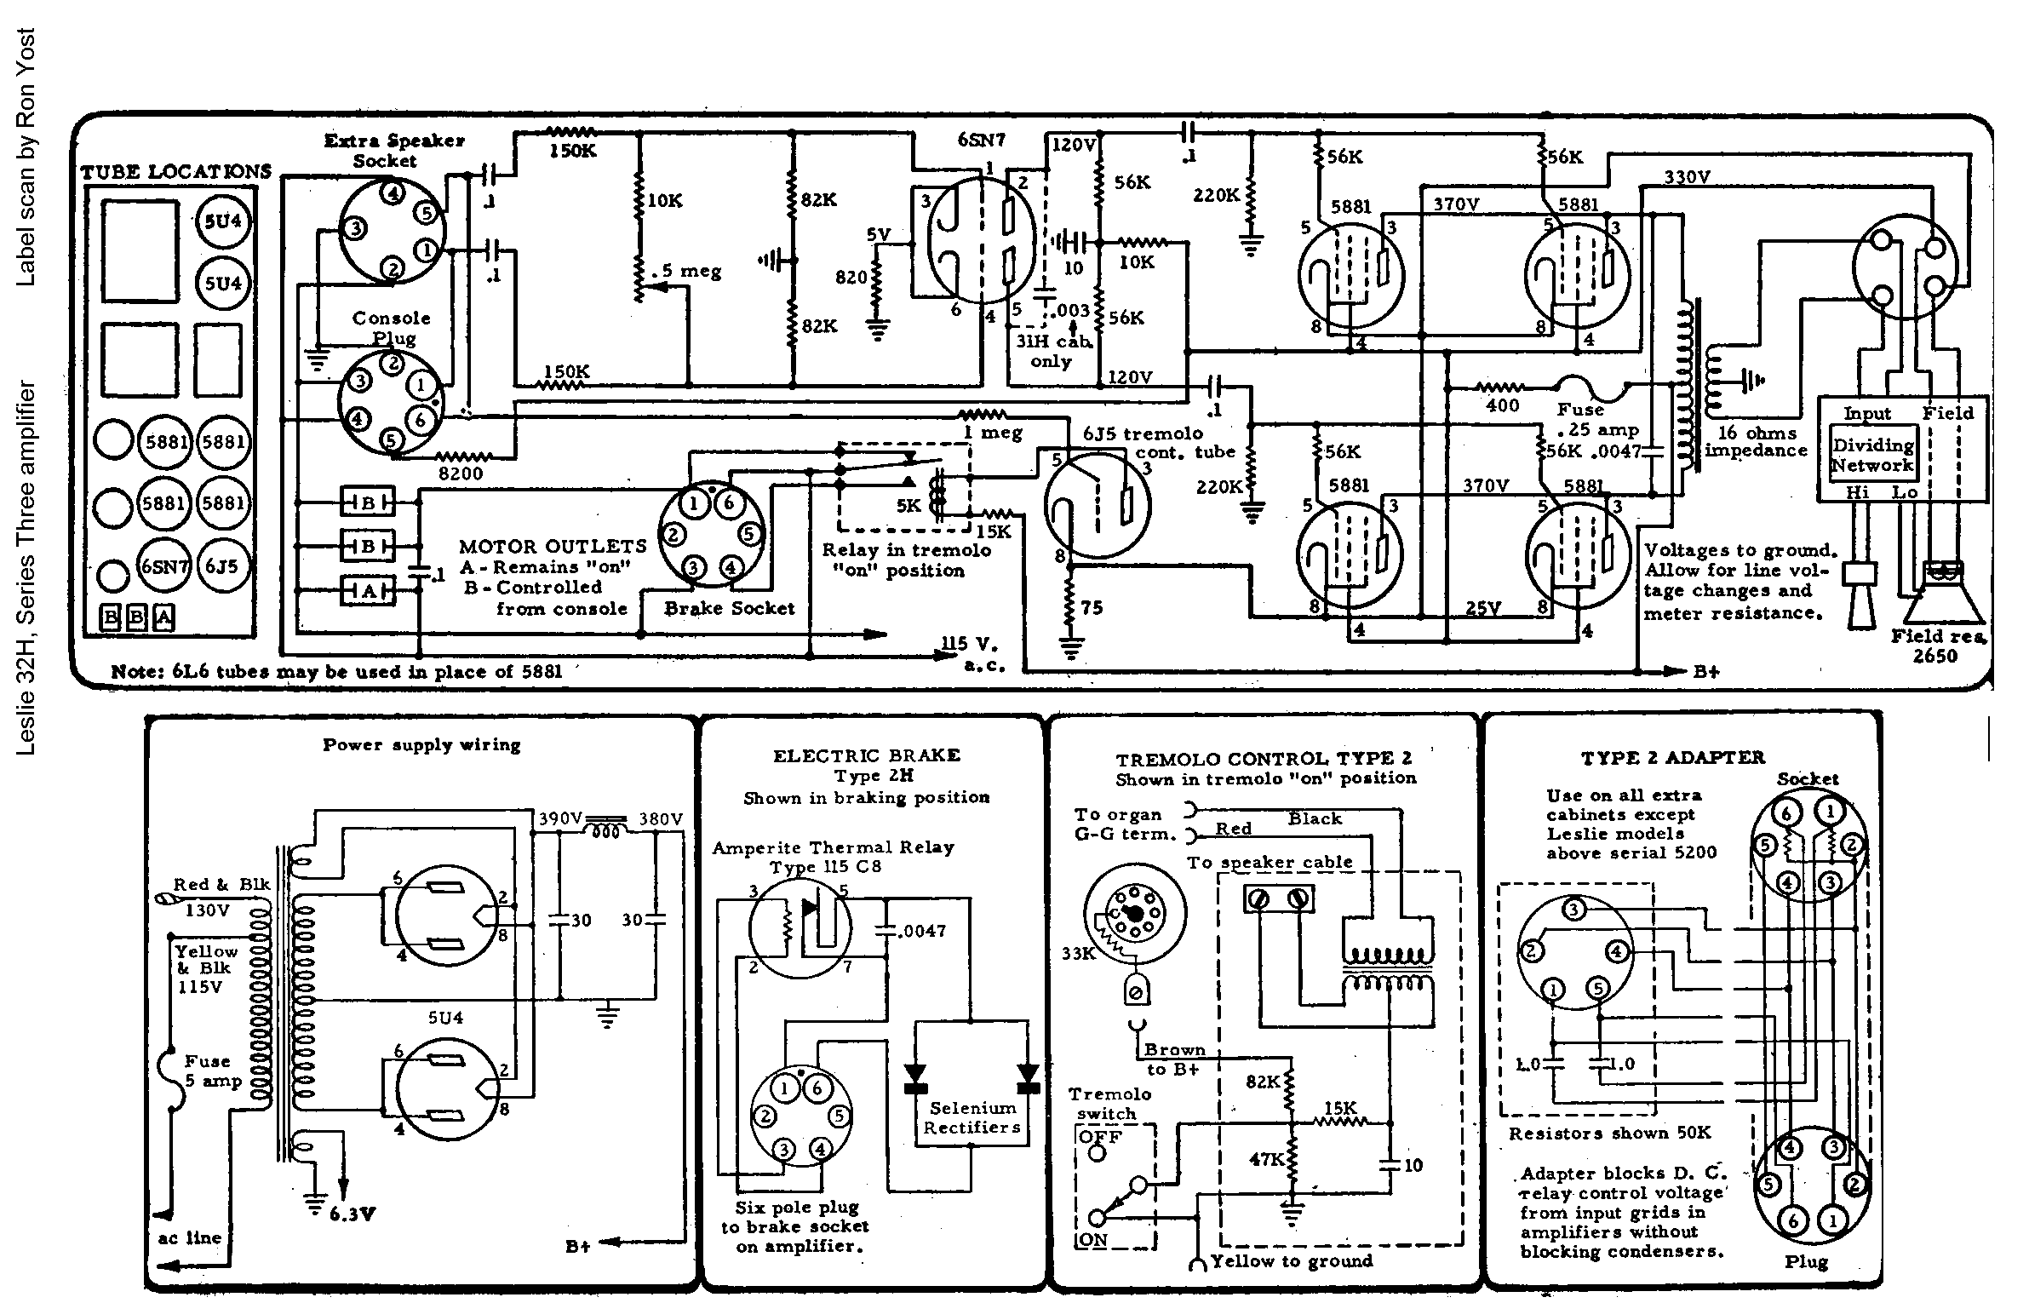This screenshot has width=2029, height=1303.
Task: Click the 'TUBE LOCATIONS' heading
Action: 175,171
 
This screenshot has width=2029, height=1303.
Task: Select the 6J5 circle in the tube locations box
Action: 223,567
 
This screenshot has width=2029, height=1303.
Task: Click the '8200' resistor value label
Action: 461,474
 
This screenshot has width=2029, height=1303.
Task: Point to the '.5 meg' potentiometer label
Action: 685,272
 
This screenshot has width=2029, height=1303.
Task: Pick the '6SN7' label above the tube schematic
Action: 982,139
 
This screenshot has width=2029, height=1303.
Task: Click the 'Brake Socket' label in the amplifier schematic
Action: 729,608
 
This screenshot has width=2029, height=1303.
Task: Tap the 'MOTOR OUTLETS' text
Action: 553,546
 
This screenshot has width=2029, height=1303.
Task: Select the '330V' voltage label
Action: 1688,177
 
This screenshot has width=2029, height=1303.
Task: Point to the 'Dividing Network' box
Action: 1872,455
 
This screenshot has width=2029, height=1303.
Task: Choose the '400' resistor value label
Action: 1503,406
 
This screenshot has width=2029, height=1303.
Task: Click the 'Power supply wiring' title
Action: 421,745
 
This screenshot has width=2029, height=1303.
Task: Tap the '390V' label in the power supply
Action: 559,819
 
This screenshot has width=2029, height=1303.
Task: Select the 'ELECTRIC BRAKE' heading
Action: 866,755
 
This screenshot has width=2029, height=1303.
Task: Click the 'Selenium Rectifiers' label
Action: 972,1118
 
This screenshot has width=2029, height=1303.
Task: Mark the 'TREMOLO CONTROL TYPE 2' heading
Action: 1264,759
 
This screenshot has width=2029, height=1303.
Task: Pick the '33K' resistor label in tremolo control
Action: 1078,954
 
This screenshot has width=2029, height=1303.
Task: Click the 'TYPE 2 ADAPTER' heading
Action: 1672,757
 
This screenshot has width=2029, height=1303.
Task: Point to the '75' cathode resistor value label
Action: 1092,607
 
